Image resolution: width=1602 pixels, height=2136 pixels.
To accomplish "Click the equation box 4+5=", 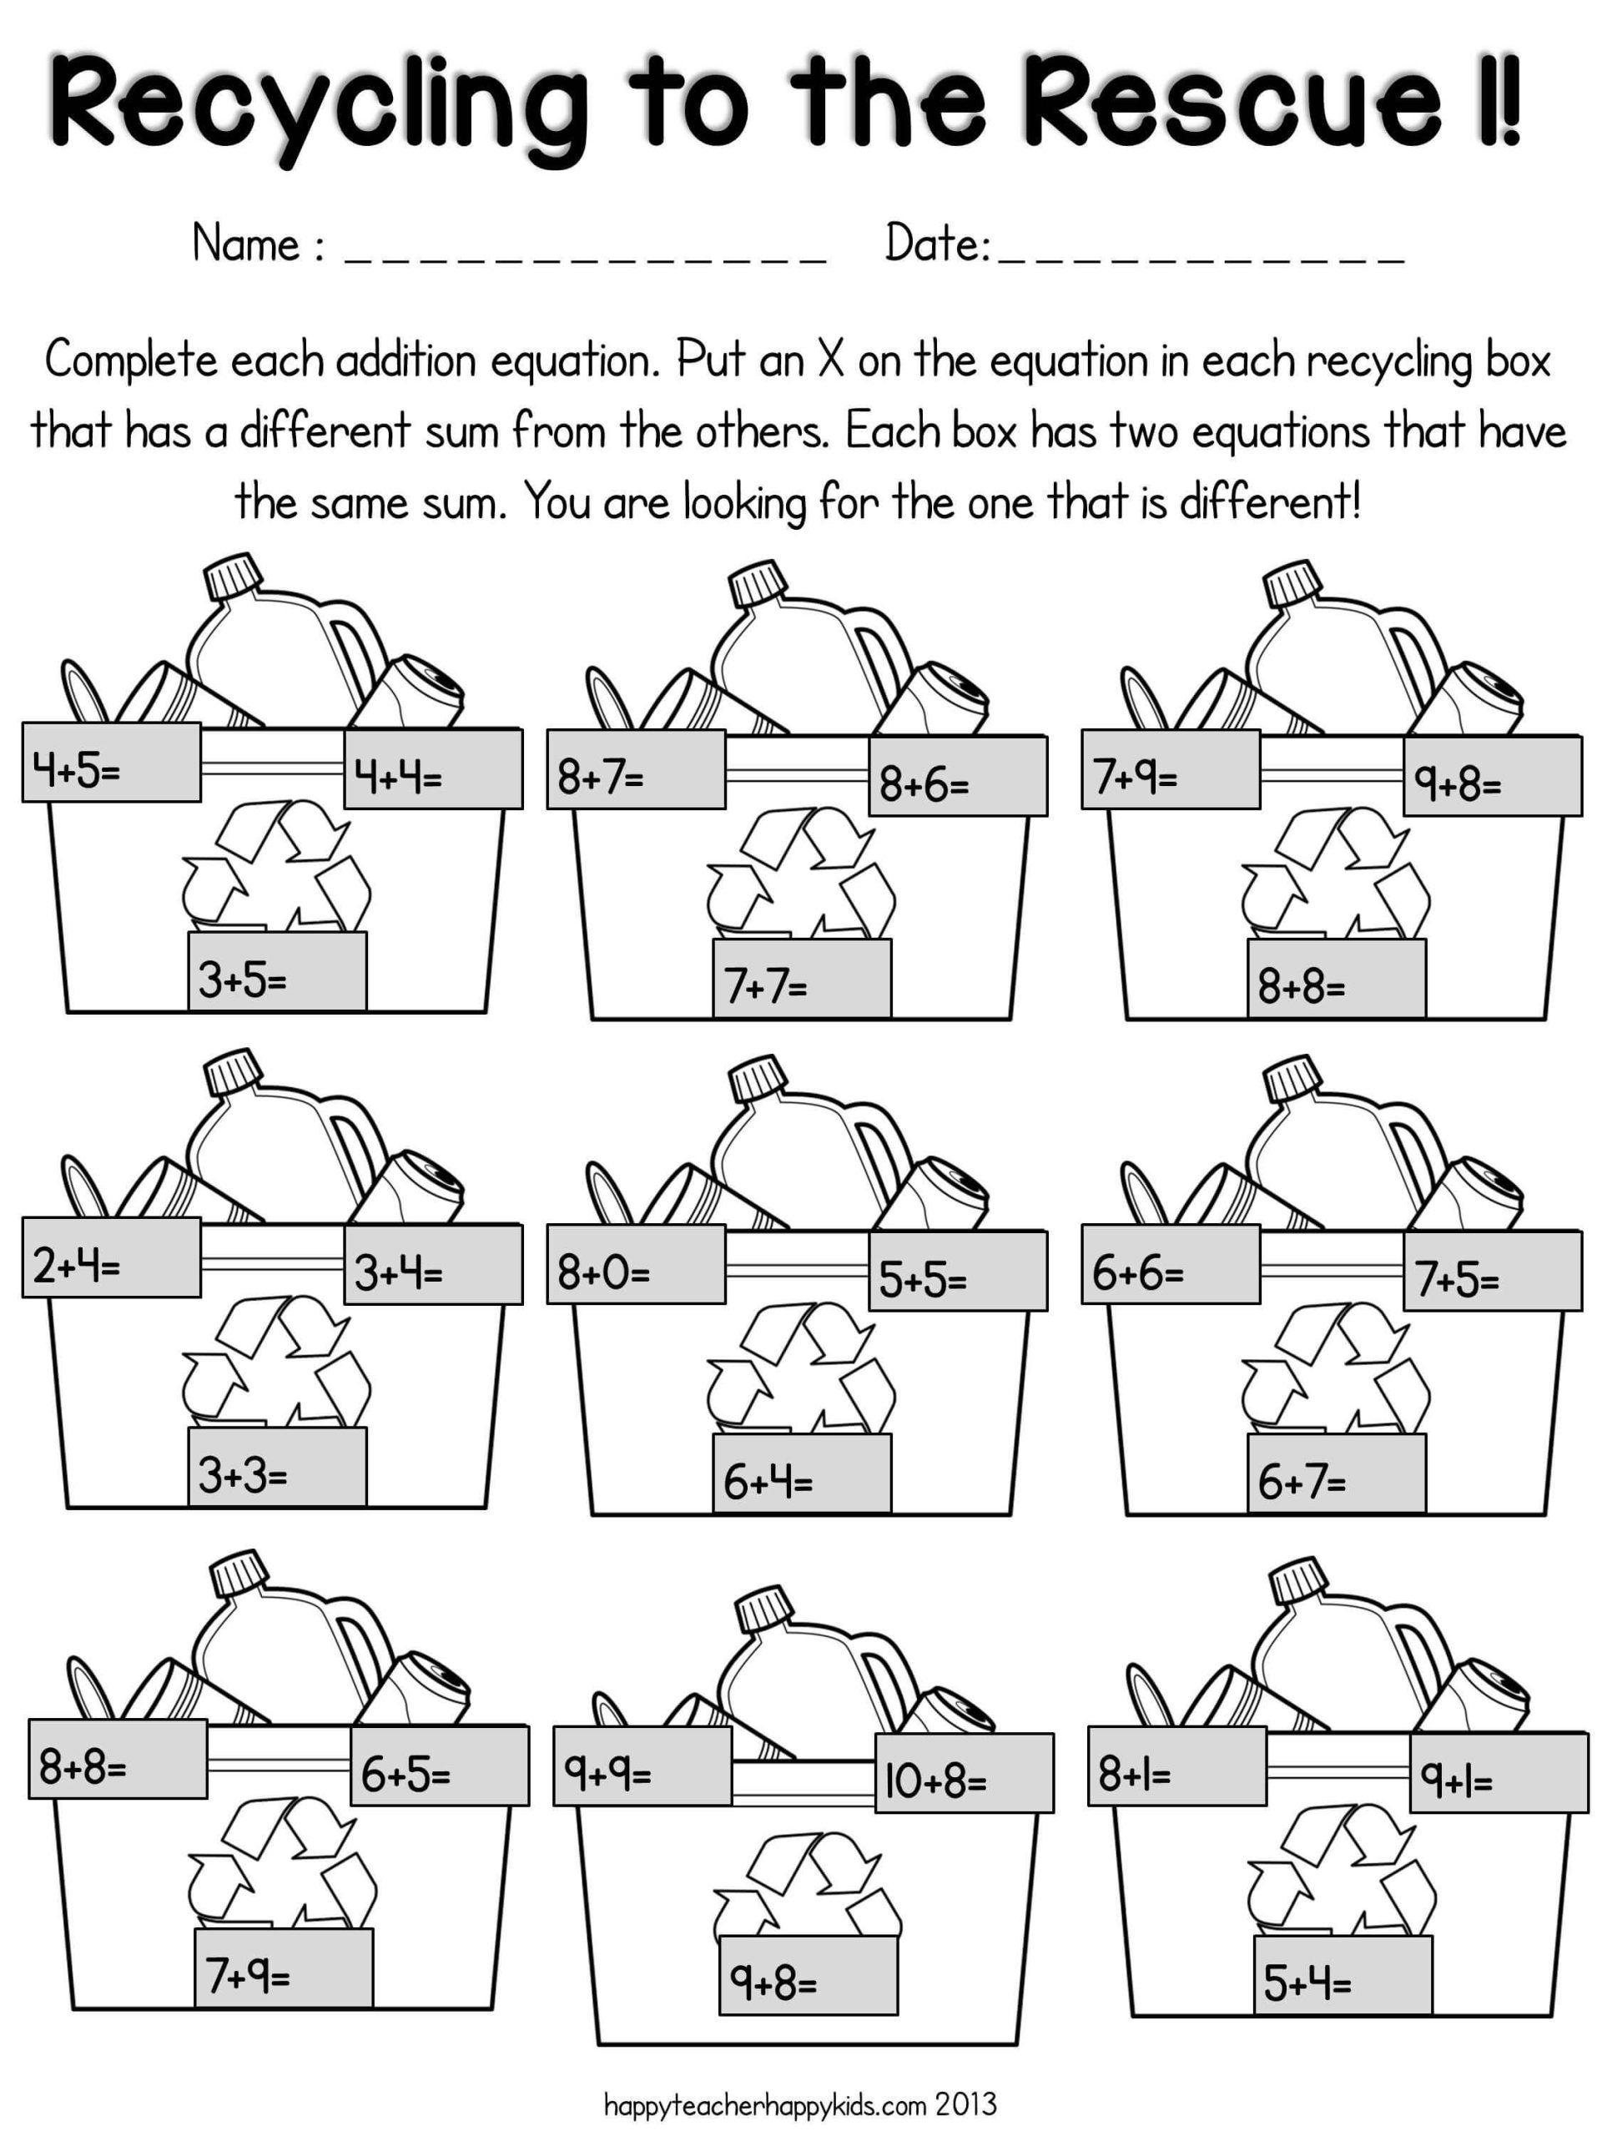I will [111, 763].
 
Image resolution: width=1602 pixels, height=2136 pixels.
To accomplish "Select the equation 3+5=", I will [277, 971].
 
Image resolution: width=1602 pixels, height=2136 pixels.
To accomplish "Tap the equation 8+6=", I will [957, 776].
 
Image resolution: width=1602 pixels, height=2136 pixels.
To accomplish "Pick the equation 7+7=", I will [802, 978].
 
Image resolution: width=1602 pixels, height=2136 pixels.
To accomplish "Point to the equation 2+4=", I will [111, 1257].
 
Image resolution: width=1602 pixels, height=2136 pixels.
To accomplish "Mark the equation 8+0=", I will [636, 1264].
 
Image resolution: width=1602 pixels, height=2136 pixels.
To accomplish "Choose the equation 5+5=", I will [957, 1271].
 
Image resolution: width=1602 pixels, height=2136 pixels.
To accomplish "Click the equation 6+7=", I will [1336, 1472].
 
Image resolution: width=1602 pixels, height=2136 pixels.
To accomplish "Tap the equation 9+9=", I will [642, 1766].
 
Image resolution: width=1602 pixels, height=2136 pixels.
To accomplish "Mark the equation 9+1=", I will [1498, 1772].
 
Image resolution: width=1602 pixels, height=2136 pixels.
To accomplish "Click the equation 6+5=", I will [440, 1766].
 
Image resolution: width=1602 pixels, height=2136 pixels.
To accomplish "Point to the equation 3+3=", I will [277, 1466].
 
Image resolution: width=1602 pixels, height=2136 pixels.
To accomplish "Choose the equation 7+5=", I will [1492, 1271].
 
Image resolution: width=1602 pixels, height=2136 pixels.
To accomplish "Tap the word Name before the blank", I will [246, 244].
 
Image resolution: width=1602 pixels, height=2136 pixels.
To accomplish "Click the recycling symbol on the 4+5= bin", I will [277, 862].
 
